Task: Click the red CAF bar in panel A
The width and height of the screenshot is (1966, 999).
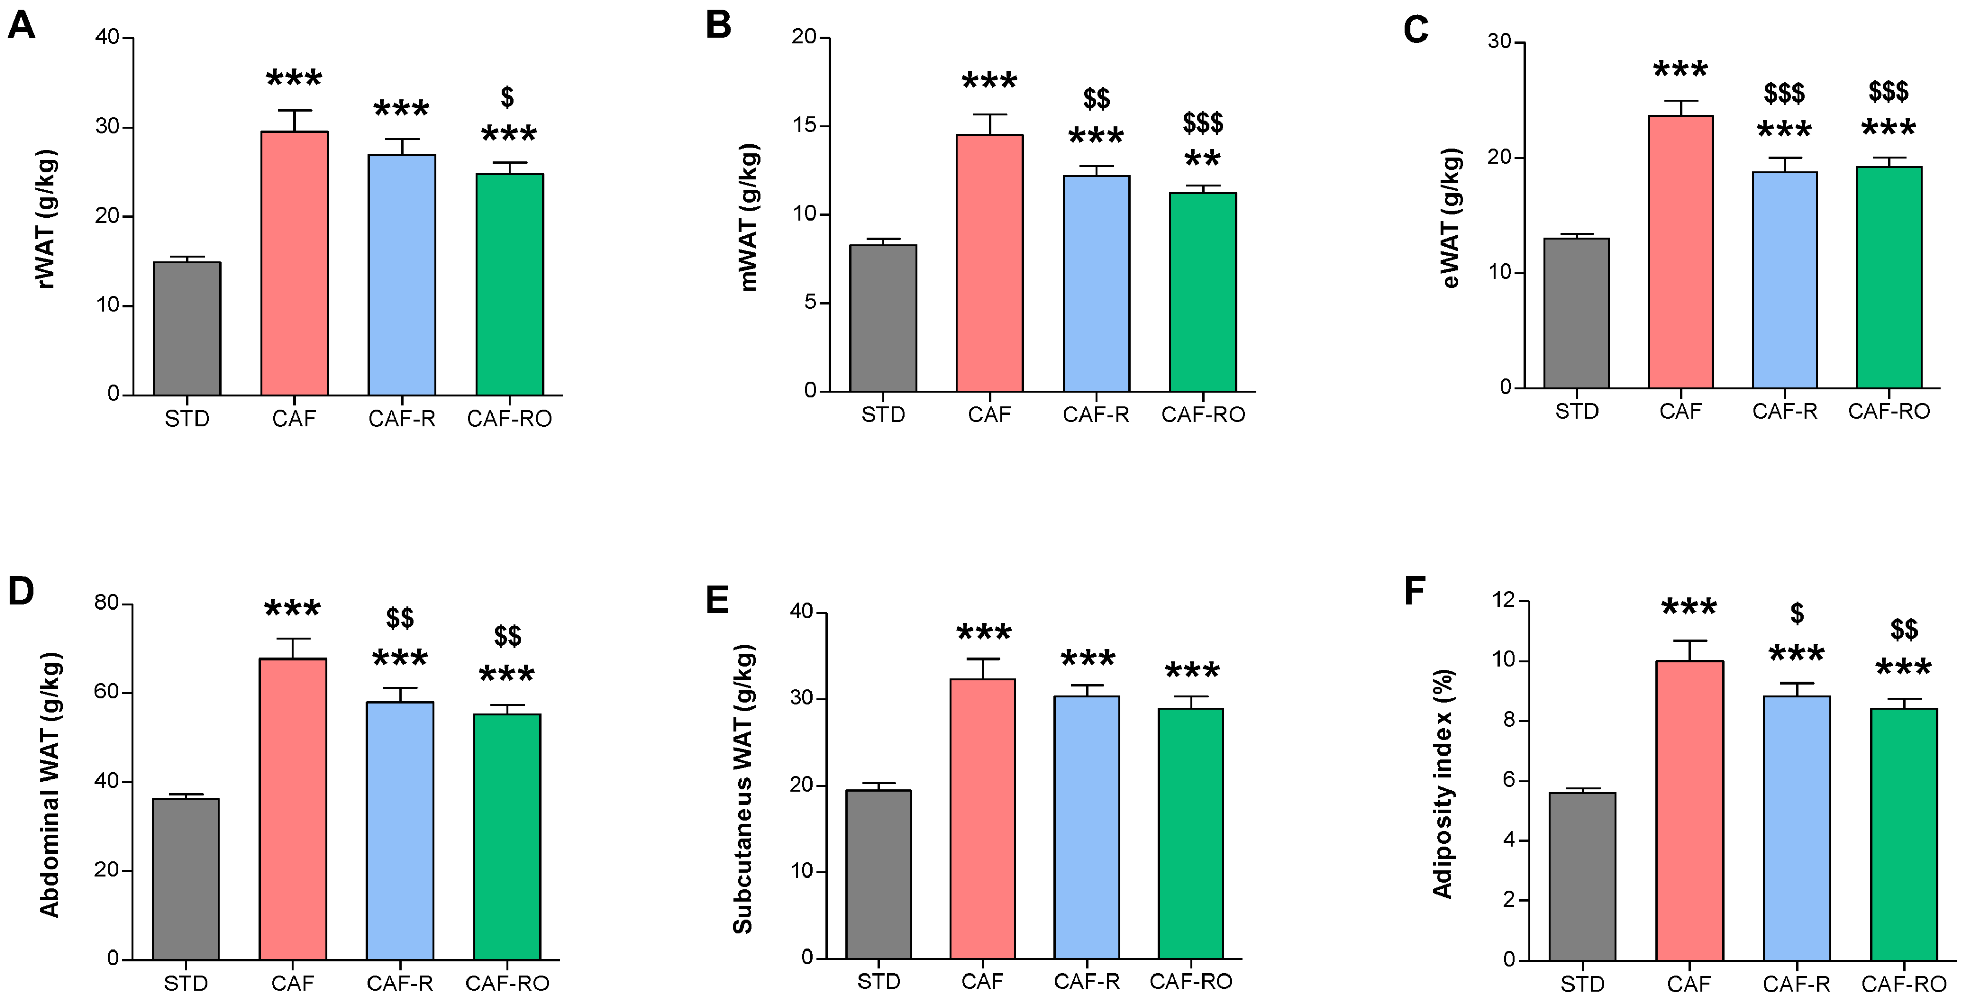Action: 294,263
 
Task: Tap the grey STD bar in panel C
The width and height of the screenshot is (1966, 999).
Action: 1576,313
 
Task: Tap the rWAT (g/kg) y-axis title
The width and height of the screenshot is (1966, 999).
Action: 46,219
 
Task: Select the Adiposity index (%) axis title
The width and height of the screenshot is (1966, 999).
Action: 1442,784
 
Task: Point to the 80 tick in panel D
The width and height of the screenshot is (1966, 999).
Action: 107,603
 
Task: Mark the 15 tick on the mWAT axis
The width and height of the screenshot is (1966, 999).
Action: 804,126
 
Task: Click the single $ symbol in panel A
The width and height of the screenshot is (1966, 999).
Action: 507,98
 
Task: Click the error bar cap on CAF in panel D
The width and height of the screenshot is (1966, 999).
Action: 293,639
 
